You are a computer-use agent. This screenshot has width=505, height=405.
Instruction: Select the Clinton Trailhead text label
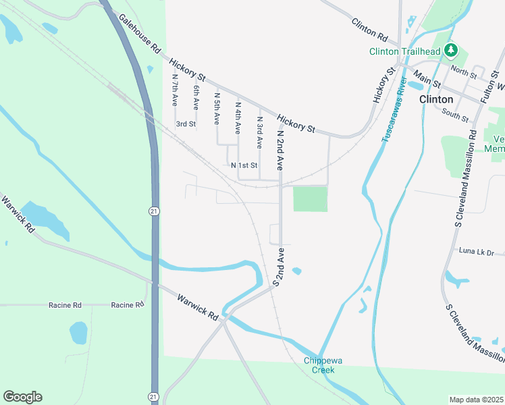pos(405,51)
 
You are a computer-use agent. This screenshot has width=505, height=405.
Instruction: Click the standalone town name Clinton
pos(436,99)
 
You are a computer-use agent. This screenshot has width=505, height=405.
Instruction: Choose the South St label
pos(456,116)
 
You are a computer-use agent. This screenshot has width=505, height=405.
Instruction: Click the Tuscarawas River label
pos(394,110)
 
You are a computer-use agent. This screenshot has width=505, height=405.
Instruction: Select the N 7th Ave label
pos(175,90)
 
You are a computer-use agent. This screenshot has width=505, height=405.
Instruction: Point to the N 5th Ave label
pos(217,109)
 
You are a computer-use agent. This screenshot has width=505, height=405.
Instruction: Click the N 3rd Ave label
pos(259,132)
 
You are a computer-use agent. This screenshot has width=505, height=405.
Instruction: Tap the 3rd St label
pos(186,124)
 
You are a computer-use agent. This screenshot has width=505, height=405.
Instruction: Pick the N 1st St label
pos(244,165)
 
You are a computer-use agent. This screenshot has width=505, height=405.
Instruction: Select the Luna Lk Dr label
pos(477,252)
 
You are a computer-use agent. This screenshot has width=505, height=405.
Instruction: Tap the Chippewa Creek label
pos(323,364)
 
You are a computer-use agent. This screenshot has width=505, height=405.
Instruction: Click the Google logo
pos(22,397)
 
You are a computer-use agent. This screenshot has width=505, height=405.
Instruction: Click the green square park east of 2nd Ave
pos(310,199)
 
